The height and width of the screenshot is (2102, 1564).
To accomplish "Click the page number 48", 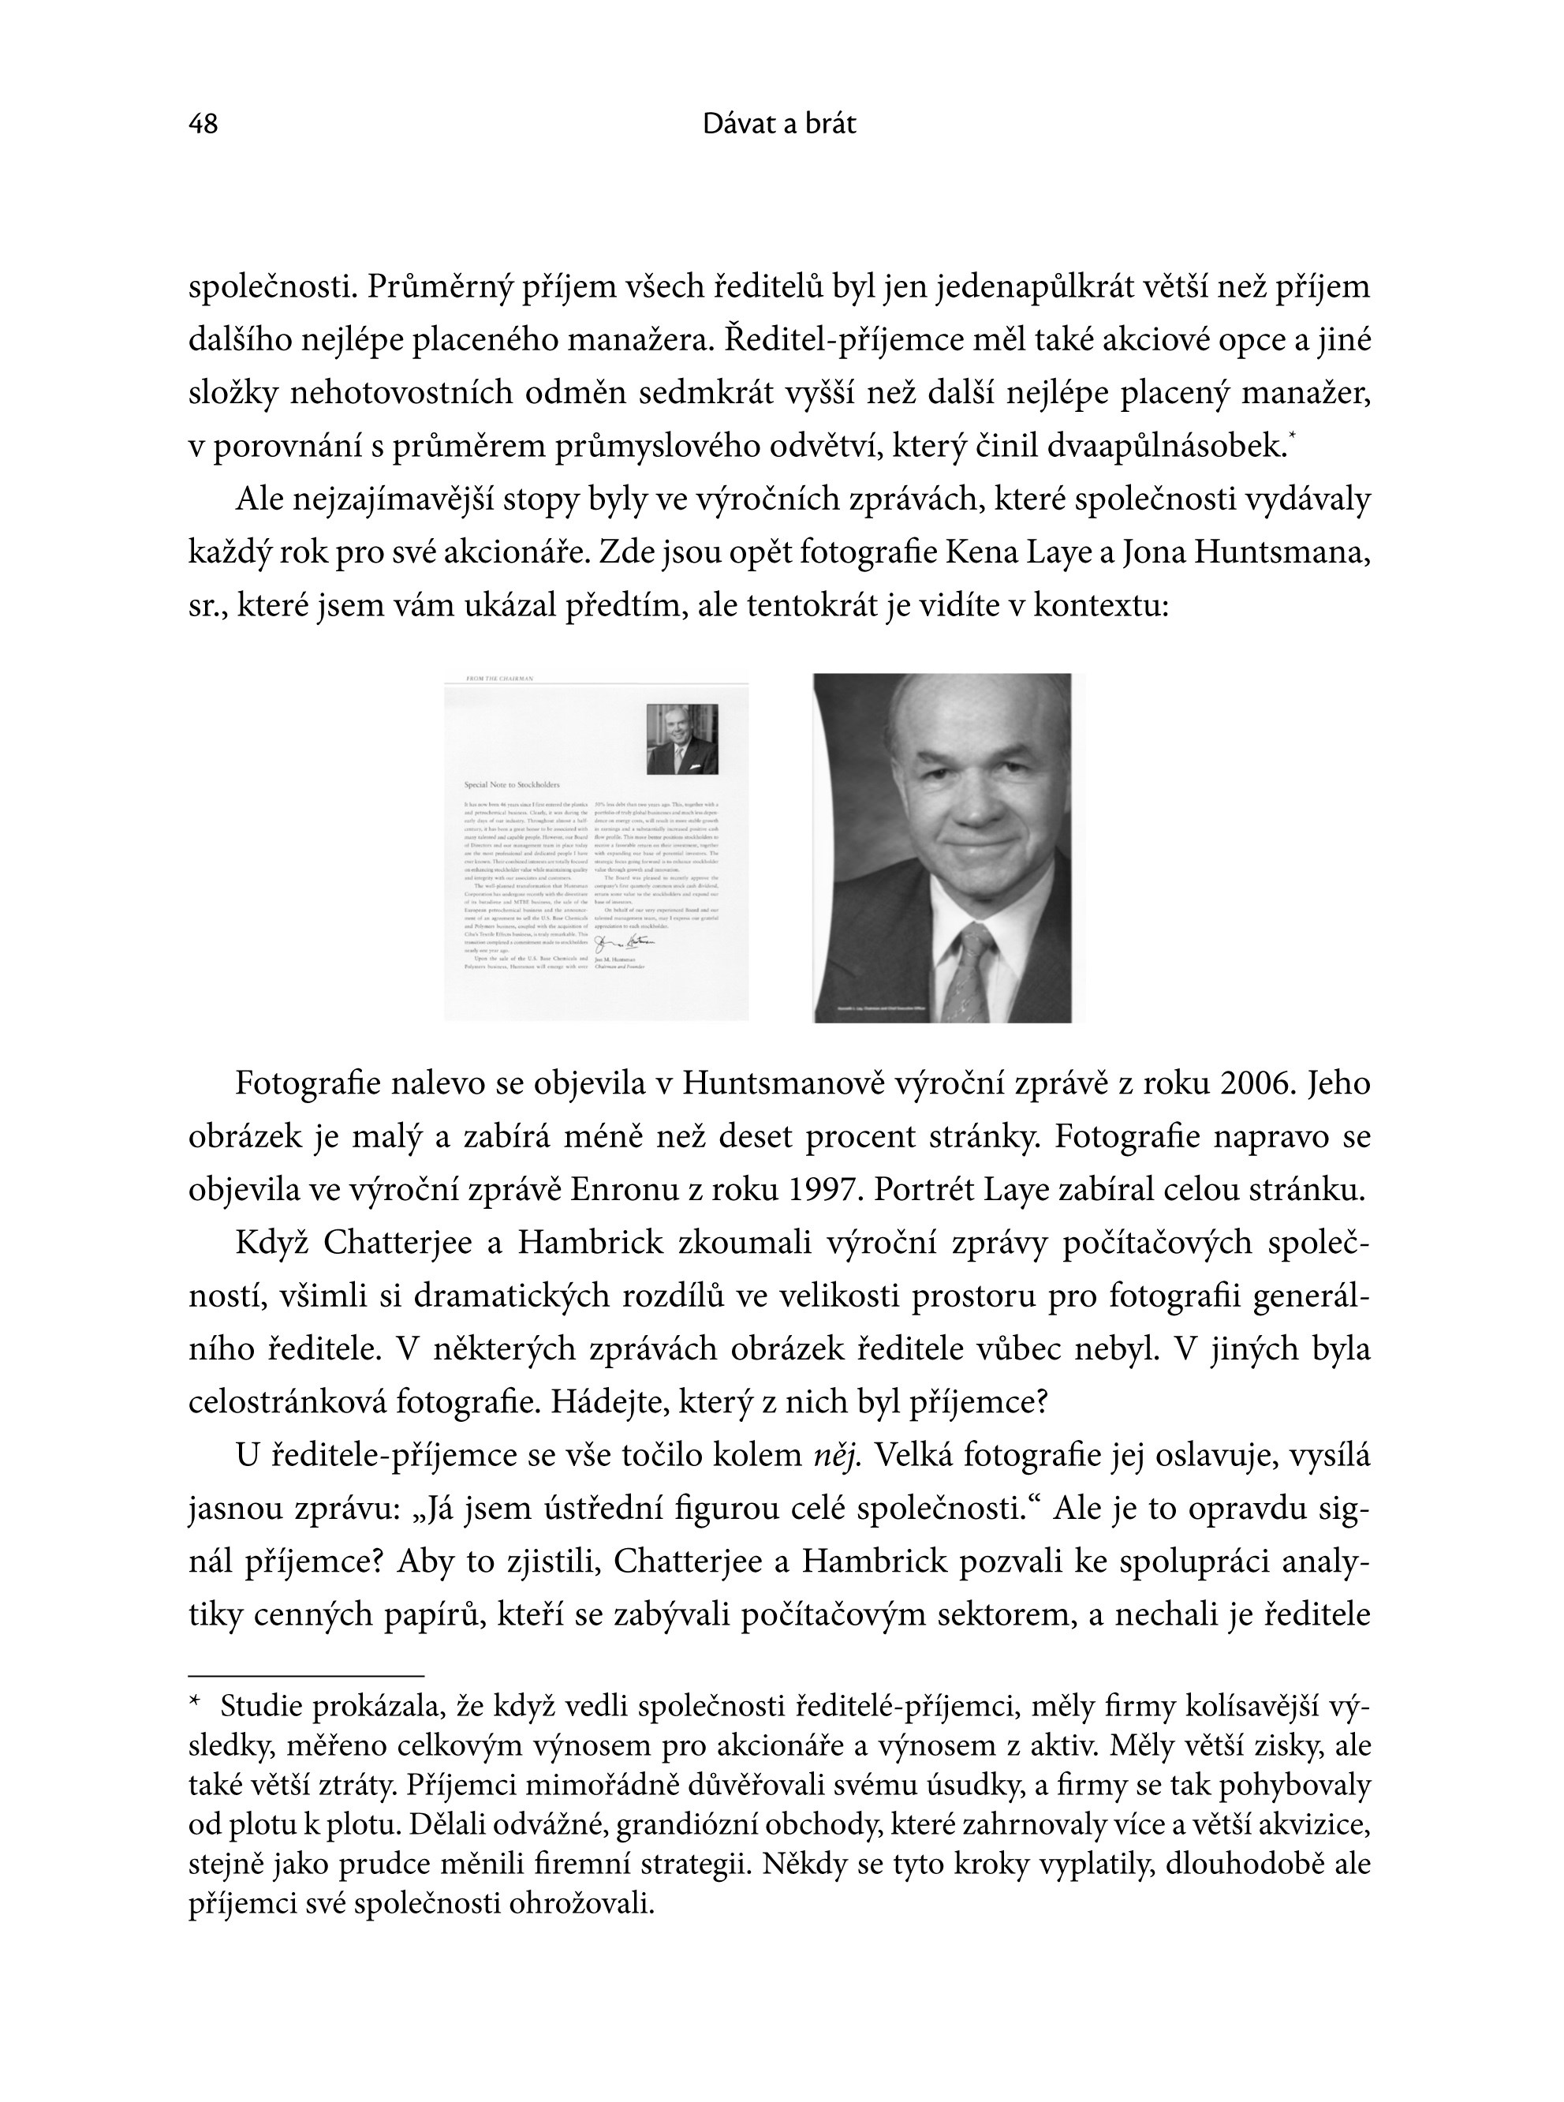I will [203, 124].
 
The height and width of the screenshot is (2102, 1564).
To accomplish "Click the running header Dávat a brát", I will [779, 124].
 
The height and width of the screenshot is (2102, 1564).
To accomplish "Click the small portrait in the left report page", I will [681, 739].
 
